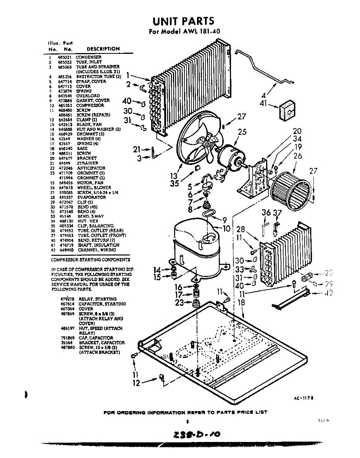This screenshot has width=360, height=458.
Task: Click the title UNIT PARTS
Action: point(183,21)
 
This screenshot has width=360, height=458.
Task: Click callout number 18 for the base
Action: point(241,302)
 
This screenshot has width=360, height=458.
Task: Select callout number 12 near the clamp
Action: point(136,383)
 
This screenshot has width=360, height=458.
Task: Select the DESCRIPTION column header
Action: point(103,49)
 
